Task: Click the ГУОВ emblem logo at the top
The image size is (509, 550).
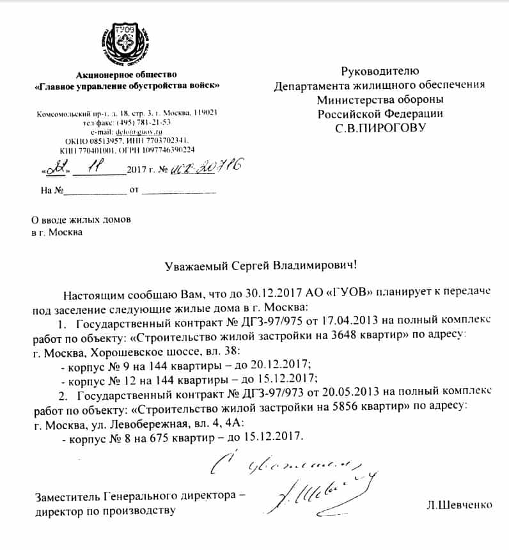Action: pos(125,47)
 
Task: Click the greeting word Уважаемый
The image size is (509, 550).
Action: pos(199,263)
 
